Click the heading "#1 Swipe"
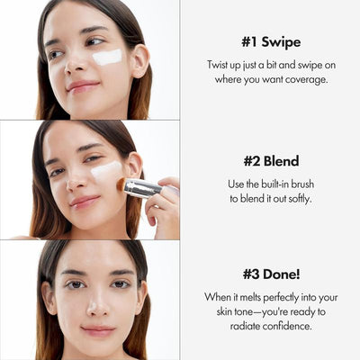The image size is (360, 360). (x=271, y=42)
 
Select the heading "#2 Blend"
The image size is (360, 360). (x=271, y=161)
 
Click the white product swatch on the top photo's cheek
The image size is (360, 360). (x=107, y=57)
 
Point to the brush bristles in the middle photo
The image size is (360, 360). (x=120, y=183)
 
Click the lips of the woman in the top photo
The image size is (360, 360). (x=82, y=86)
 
